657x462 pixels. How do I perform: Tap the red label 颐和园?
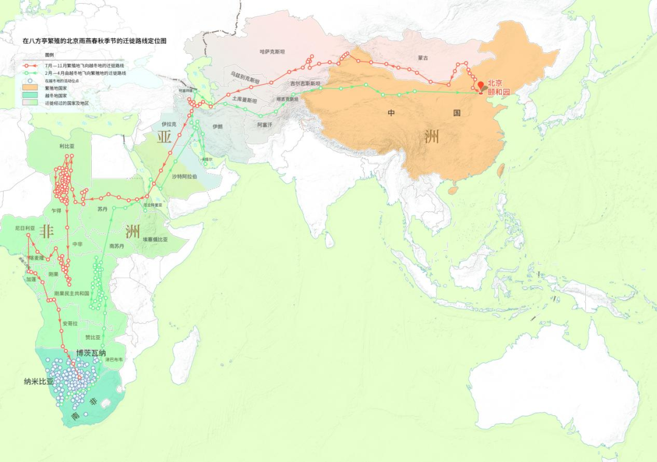pyautogui.click(x=498, y=92)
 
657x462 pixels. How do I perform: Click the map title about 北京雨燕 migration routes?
pyautogui.click(x=94, y=41)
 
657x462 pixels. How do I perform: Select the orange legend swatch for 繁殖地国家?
pyautogui.click(x=29, y=88)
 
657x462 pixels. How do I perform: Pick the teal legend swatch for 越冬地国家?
pyautogui.click(x=29, y=96)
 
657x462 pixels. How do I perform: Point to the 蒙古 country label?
pyautogui.click(x=423, y=58)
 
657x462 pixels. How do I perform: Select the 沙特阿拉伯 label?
pyautogui.click(x=184, y=176)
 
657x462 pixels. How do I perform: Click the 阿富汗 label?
pyautogui.click(x=265, y=124)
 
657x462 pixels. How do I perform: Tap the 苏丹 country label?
pyautogui.click(x=102, y=209)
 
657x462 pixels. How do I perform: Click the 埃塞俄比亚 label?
pyautogui.click(x=155, y=239)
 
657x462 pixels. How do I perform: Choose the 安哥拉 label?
pyautogui.click(x=70, y=324)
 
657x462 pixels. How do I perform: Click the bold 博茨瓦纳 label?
pyautogui.click(x=91, y=353)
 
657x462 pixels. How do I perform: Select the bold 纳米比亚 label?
pyautogui.click(x=39, y=382)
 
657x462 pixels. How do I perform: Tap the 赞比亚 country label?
pyautogui.click(x=92, y=337)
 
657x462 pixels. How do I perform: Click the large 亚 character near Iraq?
pyautogui.click(x=164, y=136)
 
